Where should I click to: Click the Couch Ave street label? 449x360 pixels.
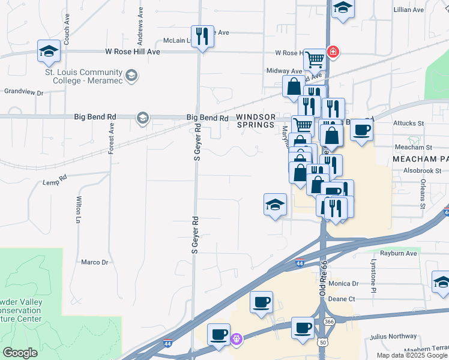(x=67, y=23)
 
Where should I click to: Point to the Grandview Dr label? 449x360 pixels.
(x=24, y=92)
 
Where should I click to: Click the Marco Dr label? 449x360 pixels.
(x=94, y=262)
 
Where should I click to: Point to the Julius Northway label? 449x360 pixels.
(x=393, y=336)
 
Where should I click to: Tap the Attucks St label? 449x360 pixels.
(x=408, y=123)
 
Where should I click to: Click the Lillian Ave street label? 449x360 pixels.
(x=409, y=10)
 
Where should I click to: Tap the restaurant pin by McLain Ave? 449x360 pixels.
(x=202, y=37)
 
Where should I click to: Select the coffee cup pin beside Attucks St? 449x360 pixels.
(x=361, y=130)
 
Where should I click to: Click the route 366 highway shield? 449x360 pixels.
(x=330, y=322)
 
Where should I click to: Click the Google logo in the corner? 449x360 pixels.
(x=20, y=353)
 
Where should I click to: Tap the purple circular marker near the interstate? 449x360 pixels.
(x=237, y=339)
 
